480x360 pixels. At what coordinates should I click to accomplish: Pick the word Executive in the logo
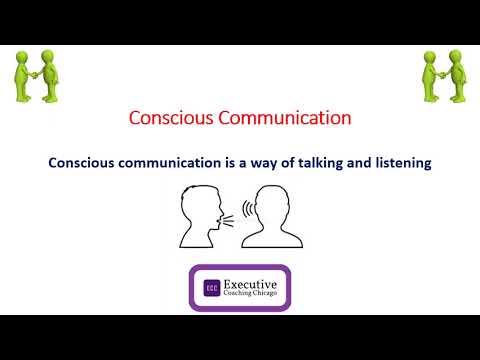pos(250,282)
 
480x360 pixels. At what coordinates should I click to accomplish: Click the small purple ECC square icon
pos(211,288)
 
